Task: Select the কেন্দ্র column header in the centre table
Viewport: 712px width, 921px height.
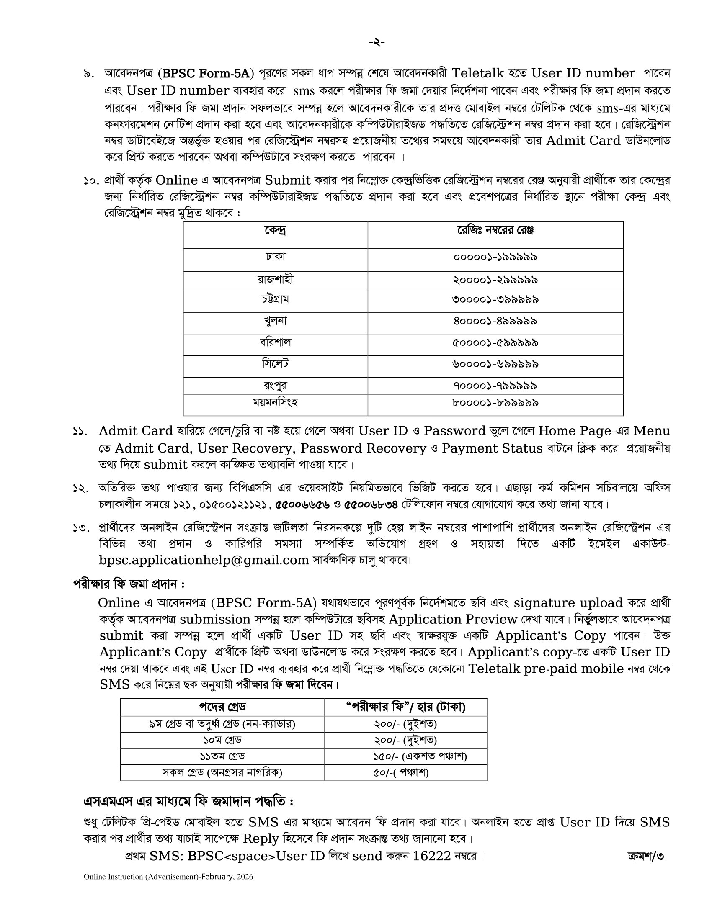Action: pos(276,231)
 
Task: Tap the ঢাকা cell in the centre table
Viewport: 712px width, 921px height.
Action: pos(276,256)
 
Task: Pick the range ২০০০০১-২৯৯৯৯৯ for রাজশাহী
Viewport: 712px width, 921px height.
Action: pos(495,280)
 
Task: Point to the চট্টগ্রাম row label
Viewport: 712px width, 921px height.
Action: pos(276,299)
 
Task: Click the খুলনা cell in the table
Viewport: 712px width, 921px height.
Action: pos(276,322)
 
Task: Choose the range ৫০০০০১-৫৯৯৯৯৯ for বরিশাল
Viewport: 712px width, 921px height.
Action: pos(495,343)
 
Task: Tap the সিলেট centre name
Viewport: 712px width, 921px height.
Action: pos(276,363)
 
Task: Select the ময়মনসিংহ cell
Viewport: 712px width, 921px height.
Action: pos(276,403)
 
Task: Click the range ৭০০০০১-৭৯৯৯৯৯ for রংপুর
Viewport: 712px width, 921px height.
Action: pos(495,386)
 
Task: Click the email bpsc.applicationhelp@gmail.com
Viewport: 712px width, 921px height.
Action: pos(204,560)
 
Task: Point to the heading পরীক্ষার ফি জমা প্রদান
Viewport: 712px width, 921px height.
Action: pos(129,584)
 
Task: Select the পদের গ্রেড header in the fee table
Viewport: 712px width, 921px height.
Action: pos(222,707)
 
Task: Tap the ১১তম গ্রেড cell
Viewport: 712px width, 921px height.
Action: pos(222,756)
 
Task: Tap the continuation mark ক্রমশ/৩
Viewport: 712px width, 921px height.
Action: pos(645,856)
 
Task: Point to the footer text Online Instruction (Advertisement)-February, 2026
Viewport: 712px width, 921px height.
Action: pos(168,877)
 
